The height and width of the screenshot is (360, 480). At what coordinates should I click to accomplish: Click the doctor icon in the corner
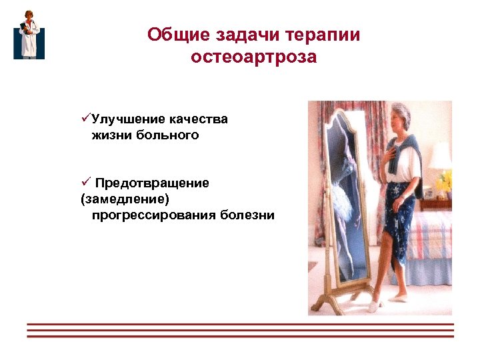(29, 35)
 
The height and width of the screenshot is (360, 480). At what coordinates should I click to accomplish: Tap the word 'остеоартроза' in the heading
(253, 57)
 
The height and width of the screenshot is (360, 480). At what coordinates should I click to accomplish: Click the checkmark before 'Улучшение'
(85, 119)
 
